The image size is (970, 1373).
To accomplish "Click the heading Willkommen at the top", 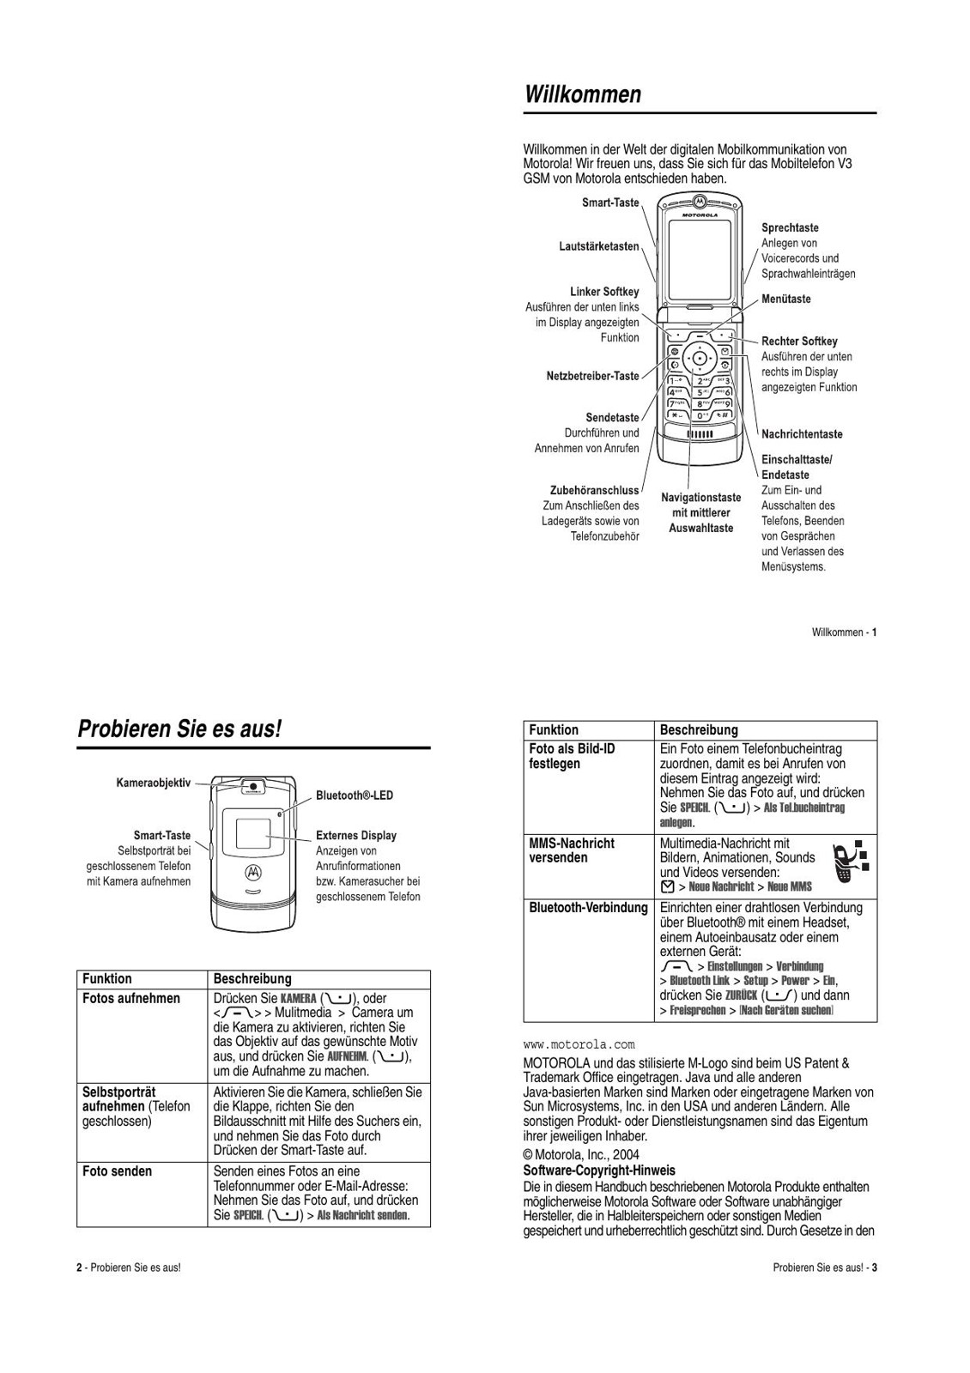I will coord(583,94).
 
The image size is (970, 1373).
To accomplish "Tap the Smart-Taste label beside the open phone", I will coord(610,203).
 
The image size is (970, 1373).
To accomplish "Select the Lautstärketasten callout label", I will coord(599,246).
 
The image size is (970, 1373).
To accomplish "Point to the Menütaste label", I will coord(785,299).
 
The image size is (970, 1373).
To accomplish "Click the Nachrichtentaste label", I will coord(802,434).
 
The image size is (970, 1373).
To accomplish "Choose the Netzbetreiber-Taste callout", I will coord(592,376).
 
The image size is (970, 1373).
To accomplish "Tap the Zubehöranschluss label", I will coord(594,491).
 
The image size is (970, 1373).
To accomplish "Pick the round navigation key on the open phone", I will coord(700,358).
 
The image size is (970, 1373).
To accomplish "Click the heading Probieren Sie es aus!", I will coord(179,729).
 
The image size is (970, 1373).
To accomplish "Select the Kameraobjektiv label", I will coord(154,783).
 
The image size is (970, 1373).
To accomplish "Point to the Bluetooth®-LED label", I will coord(355,795).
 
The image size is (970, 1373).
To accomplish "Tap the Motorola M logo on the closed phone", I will coord(253,872).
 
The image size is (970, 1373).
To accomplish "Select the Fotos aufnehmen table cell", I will coord(131,998).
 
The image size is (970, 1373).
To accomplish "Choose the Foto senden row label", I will coord(117,1171).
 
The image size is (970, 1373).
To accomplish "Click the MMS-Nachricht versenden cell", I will coord(572,850).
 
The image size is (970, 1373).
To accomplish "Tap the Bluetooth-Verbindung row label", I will coord(588,908).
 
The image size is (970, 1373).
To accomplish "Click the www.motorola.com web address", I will coord(579,1044).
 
